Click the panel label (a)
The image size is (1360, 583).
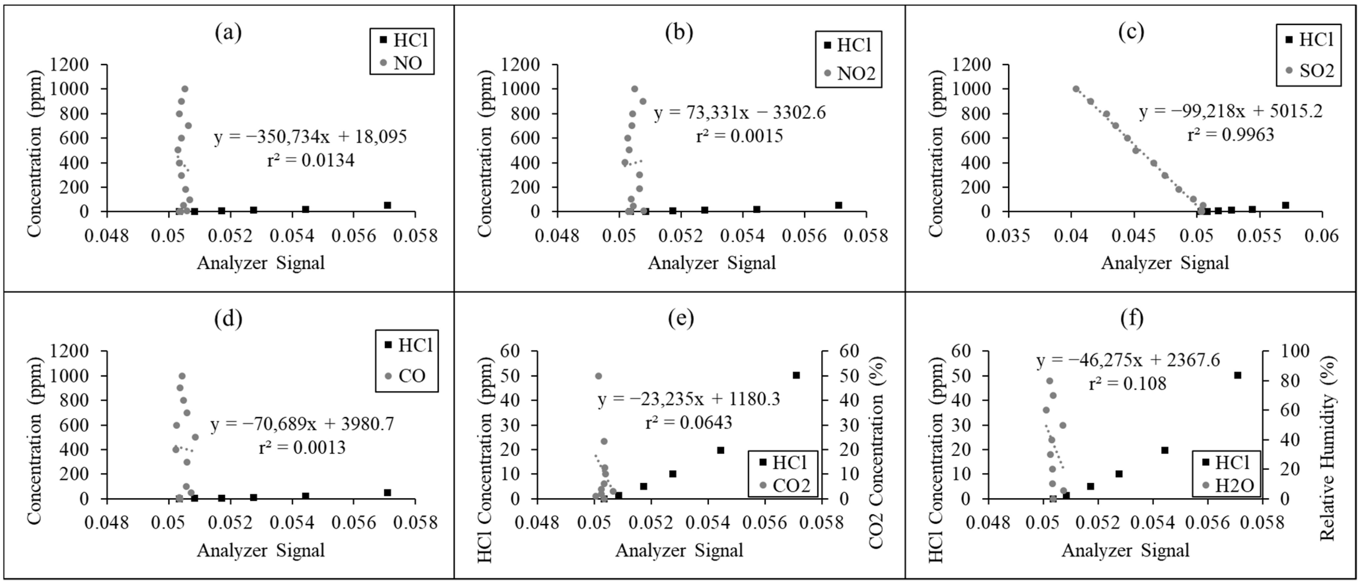tap(228, 33)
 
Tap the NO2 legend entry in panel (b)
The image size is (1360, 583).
tap(855, 73)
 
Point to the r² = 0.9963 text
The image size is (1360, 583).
tap(1231, 135)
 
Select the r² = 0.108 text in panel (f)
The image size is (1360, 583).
tap(1127, 384)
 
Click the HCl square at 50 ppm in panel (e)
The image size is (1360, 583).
tap(796, 375)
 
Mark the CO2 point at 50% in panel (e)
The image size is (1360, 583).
tap(598, 376)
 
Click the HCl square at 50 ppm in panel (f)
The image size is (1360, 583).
tap(1237, 375)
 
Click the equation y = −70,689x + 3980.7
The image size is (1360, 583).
tap(302, 424)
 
